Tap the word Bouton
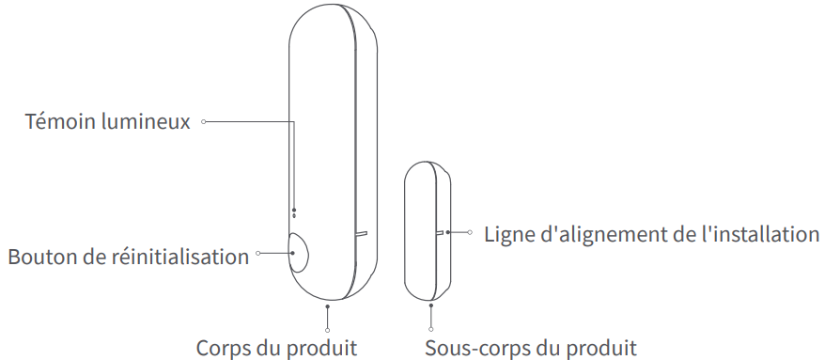click(x=40, y=257)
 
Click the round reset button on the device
click(x=299, y=254)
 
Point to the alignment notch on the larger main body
click(x=361, y=229)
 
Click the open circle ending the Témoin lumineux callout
click(x=204, y=121)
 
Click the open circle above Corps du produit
click(x=327, y=329)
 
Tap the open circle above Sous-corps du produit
click(x=431, y=329)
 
